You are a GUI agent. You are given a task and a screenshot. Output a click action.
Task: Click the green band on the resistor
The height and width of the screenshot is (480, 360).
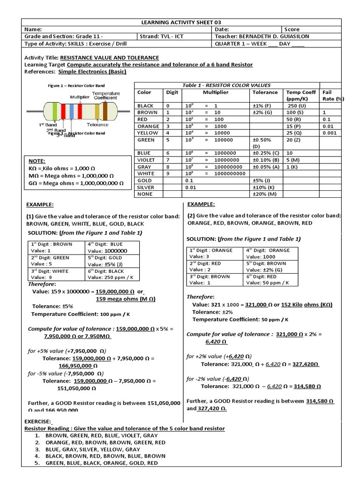(54, 111)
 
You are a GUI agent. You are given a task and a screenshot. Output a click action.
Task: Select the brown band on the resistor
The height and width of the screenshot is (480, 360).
(105, 112)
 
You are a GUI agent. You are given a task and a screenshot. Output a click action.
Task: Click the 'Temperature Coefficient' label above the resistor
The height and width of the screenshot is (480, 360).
(106, 96)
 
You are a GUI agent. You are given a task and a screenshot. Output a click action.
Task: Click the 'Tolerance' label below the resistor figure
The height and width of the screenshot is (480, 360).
(97, 125)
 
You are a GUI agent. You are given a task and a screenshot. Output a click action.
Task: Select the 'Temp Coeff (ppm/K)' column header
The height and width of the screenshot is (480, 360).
(300, 96)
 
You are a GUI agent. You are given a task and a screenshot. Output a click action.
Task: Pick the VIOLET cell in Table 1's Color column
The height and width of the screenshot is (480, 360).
(146, 160)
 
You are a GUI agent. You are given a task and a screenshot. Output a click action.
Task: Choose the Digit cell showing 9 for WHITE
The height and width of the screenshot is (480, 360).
(168, 173)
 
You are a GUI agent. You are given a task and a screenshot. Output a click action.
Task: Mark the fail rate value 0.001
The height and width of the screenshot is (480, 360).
(330, 133)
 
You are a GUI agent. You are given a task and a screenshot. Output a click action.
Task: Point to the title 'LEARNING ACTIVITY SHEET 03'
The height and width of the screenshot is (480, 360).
(181, 22)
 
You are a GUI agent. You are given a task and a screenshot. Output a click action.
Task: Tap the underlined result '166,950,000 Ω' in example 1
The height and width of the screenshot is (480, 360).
(78, 366)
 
